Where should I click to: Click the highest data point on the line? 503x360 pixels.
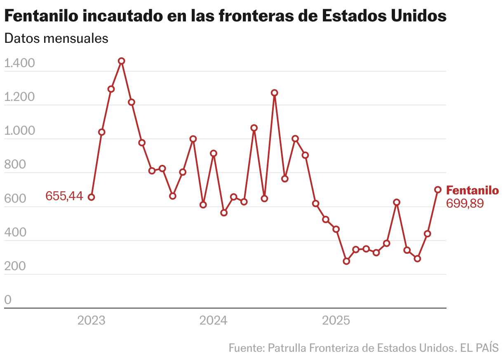click(x=121, y=61)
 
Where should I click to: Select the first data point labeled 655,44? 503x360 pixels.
click(x=91, y=197)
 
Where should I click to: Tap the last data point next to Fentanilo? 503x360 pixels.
click(x=438, y=189)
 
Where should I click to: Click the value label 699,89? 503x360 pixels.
click(x=465, y=203)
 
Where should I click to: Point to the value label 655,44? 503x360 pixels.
click(x=64, y=196)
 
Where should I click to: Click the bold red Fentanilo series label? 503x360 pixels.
click(x=472, y=190)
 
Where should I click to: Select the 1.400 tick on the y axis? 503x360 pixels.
click(x=19, y=63)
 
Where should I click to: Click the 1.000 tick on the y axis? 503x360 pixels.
click(x=19, y=131)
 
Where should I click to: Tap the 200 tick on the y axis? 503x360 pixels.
click(x=15, y=266)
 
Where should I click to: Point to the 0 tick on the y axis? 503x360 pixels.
click(x=8, y=300)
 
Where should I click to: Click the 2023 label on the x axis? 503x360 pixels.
click(x=91, y=320)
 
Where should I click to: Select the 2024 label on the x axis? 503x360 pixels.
click(x=213, y=320)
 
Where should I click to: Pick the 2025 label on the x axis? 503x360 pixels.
click(x=336, y=320)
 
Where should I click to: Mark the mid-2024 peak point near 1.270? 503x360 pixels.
click(x=275, y=93)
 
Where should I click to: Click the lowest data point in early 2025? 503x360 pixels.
click(x=346, y=261)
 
